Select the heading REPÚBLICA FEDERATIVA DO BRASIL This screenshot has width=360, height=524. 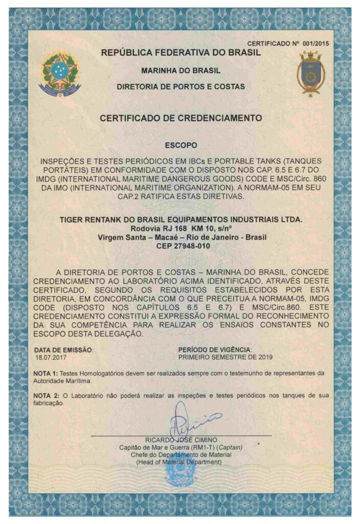click(181, 52)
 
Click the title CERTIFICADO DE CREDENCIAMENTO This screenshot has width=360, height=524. click(181, 118)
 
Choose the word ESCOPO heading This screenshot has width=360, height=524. click(181, 145)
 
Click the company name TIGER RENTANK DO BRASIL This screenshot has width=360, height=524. click(181, 220)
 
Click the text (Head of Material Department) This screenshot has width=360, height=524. click(181, 462)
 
